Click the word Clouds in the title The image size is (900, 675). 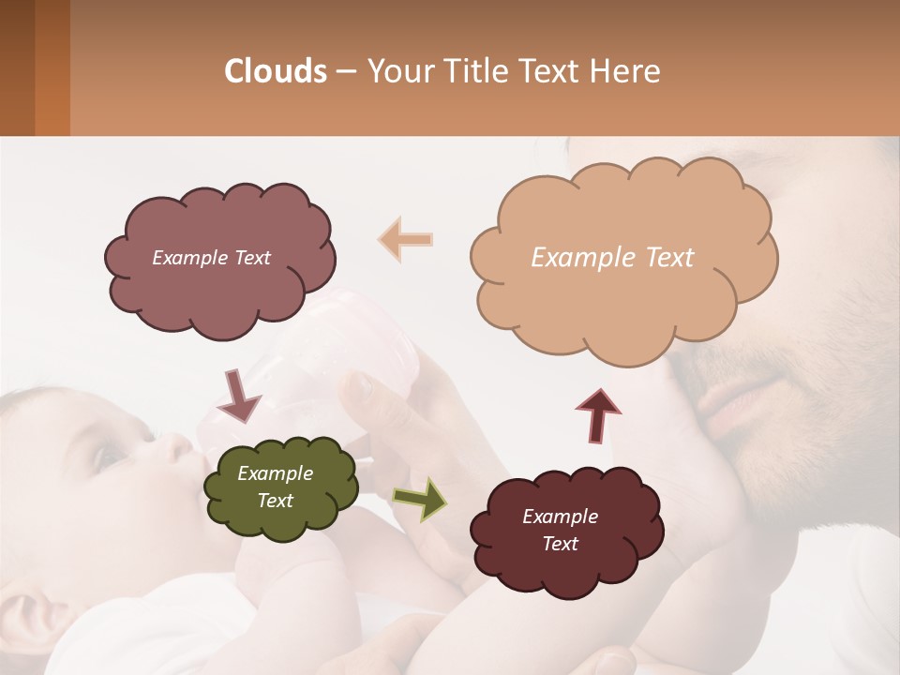pyautogui.click(x=276, y=71)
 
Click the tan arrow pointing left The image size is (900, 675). pyautogui.click(x=405, y=239)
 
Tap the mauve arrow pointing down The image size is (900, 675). pyautogui.click(x=239, y=395)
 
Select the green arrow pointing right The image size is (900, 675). pyautogui.click(x=420, y=499)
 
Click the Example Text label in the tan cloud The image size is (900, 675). pyautogui.click(x=612, y=258)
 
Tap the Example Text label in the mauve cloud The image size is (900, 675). pyautogui.click(x=211, y=258)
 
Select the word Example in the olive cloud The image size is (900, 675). pyautogui.click(x=275, y=474)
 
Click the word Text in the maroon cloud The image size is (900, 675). pyautogui.click(x=560, y=544)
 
